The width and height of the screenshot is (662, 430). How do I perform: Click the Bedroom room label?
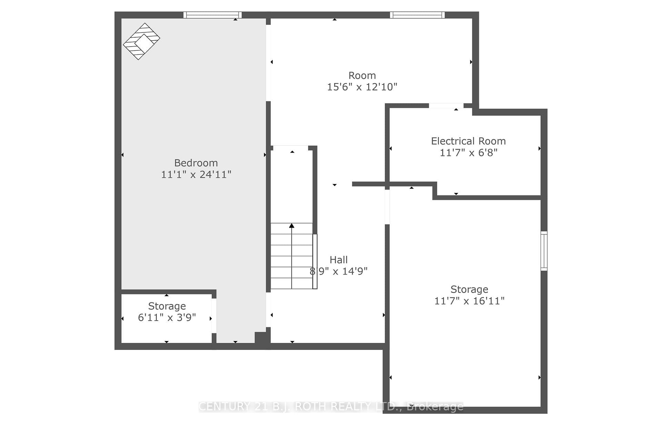[196, 163]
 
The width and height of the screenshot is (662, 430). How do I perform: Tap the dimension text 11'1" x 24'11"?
[196, 174]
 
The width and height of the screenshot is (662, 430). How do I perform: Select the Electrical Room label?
[468, 141]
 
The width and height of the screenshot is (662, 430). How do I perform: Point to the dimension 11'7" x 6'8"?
[468, 153]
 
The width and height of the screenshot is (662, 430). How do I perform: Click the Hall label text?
[339, 260]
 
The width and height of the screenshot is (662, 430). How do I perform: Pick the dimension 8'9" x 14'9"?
[339, 271]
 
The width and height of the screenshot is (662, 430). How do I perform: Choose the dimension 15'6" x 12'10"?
[362, 87]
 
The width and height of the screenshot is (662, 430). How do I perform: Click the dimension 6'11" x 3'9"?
[167, 317]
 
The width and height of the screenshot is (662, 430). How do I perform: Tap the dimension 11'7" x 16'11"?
[469, 301]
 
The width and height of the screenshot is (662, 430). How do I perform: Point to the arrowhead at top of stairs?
[292, 225]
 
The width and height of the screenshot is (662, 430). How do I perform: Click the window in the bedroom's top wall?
[212, 15]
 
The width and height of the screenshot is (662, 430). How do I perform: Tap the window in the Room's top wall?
[417, 15]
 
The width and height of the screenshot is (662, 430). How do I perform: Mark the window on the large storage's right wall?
[544, 251]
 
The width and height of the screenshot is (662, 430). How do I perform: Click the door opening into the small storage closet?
[214, 316]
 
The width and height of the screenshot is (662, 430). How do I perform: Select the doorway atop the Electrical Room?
[446, 106]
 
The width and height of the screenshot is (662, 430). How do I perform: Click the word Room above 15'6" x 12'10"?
[362, 75]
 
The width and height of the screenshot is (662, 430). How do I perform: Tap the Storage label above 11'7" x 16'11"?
[469, 290]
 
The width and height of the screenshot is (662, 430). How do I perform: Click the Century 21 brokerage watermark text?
[331, 407]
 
